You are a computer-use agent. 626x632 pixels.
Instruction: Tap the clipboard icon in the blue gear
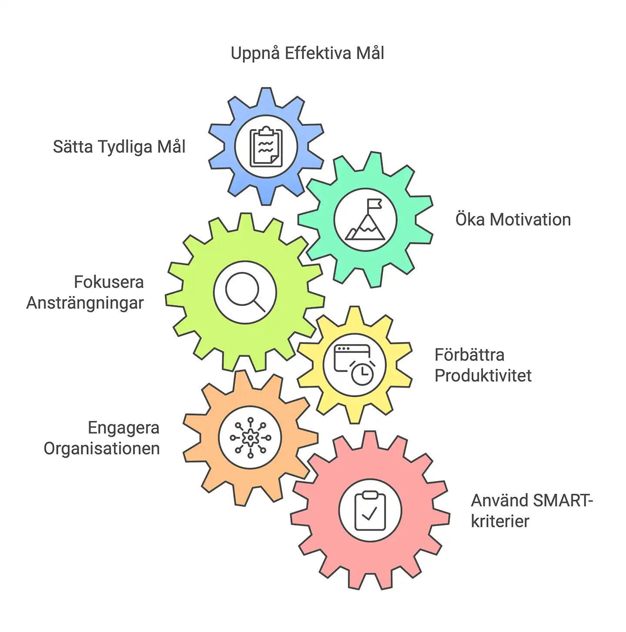266,147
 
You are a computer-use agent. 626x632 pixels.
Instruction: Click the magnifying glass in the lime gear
245,292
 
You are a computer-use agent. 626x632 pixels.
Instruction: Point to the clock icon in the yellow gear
362,374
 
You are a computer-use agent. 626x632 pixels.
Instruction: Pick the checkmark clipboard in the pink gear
370,511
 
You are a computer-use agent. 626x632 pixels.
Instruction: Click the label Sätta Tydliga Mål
119,147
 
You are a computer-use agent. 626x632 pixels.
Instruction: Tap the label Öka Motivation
513,220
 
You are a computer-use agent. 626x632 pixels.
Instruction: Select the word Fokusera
109,282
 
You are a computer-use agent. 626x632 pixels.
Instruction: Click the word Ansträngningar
85,303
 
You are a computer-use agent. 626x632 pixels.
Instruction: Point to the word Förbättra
469,355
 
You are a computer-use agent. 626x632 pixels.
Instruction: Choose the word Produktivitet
483,376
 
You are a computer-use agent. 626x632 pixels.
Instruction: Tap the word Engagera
123,428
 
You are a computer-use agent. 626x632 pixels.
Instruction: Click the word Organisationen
102,449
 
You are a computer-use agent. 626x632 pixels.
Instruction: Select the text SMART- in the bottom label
563,501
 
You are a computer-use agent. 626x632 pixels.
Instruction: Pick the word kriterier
500,521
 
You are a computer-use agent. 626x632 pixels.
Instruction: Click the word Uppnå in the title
254,53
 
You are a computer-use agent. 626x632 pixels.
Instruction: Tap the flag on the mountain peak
374,204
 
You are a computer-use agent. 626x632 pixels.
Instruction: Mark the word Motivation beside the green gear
530,220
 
